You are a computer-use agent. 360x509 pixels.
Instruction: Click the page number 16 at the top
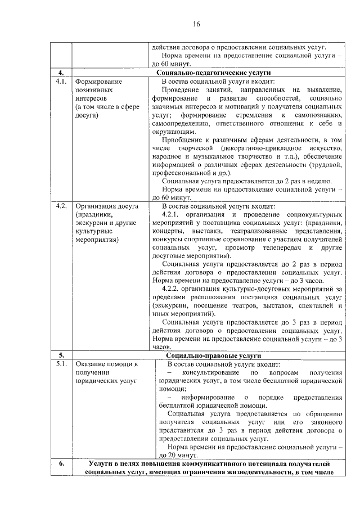pos(196,24)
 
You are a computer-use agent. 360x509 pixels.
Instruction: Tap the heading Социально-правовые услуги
pos(214,356)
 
